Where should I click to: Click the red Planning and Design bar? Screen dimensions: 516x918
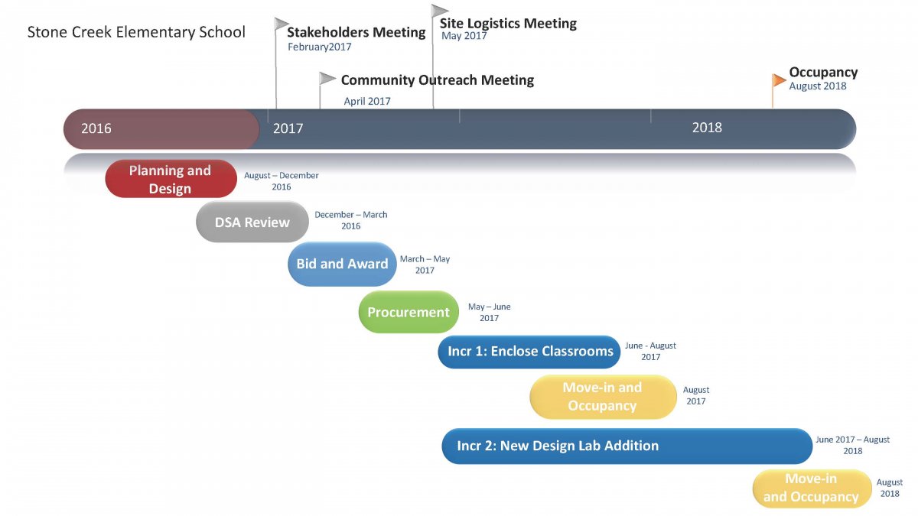click(171, 179)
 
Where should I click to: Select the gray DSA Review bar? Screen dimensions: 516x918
click(252, 222)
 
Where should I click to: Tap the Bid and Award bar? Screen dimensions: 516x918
click(342, 264)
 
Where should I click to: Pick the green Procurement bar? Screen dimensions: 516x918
click(409, 312)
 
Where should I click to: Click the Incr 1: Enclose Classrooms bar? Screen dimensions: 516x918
click(529, 352)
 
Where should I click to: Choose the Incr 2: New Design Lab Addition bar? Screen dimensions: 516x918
click(627, 446)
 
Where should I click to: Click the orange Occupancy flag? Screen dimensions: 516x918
click(779, 80)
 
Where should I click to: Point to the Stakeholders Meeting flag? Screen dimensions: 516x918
click(282, 24)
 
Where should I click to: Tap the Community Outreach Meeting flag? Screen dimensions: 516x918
click(327, 78)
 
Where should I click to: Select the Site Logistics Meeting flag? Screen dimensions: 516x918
click(439, 11)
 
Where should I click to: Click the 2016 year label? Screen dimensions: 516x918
click(96, 128)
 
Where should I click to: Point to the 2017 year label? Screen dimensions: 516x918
click(288, 128)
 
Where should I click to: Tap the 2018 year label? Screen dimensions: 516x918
click(707, 128)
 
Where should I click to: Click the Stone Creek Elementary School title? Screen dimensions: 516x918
click(136, 32)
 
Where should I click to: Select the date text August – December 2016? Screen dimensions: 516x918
click(282, 181)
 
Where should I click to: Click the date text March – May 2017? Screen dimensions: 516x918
click(425, 264)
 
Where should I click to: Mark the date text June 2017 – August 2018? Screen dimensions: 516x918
click(852, 445)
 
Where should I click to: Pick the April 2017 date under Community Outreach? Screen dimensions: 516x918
click(367, 101)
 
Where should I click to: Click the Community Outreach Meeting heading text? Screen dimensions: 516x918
click(437, 80)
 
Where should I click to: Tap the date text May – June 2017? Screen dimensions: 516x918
click(489, 312)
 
